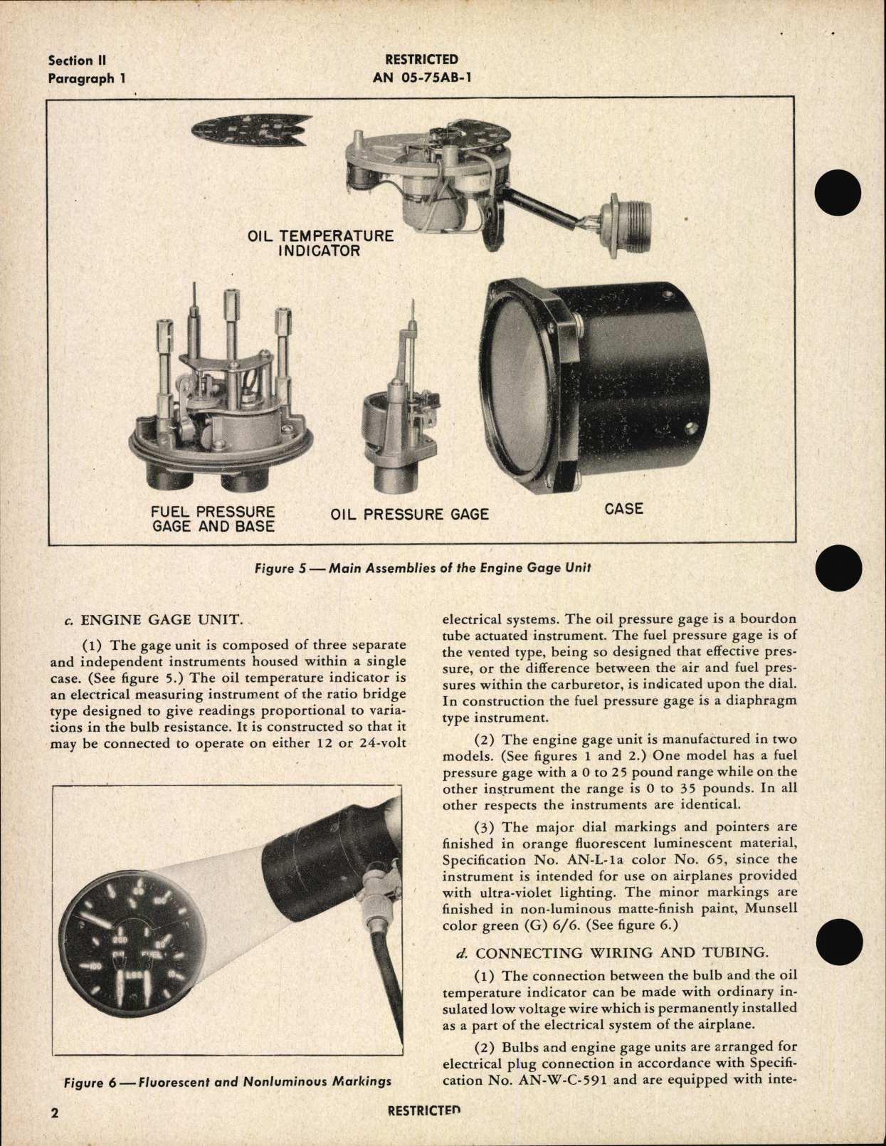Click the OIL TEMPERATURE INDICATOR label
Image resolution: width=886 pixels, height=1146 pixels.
[320, 243]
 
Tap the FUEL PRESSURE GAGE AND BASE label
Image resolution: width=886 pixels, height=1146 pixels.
[213, 519]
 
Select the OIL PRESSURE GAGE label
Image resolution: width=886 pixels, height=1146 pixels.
[410, 514]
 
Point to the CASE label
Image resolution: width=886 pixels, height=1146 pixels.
[623, 508]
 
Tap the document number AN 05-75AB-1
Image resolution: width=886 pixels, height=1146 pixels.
[421, 78]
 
